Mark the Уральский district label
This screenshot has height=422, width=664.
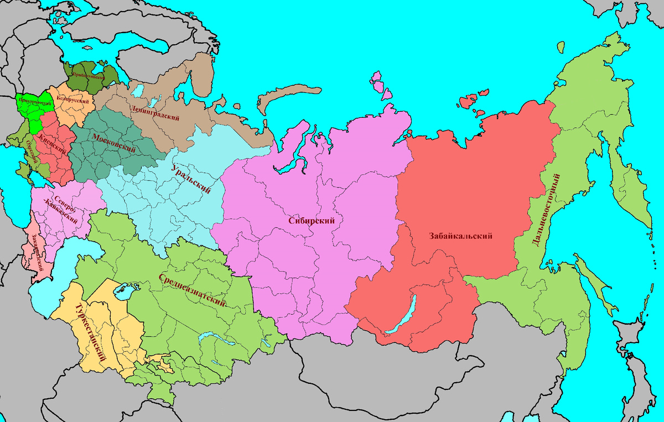click(x=191, y=179)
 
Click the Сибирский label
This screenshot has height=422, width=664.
click(x=312, y=220)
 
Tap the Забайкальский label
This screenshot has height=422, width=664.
click(x=460, y=236)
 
